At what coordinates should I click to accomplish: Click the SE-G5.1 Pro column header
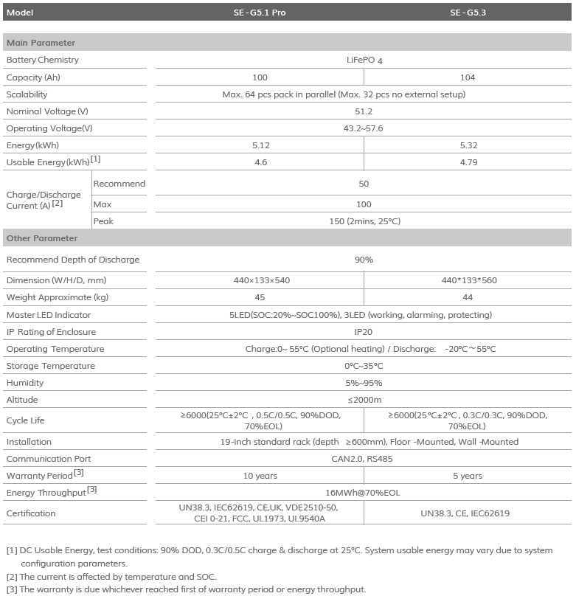(x=260, y=13)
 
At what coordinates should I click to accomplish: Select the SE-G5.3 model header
(x=468, y=13)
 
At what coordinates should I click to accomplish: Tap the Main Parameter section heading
(x=41, y=43)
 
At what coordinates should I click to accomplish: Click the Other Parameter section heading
(x=42, y=238)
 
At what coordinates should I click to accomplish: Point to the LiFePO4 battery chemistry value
(x=364, y=60)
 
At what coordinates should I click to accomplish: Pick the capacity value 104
(x=468, y=77)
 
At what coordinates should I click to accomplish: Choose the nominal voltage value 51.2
(x=364, y=111)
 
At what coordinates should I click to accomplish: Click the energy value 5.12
(x=260, y=145)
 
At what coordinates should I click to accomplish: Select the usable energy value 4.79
(x=468, y=162)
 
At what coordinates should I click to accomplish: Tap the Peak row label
(x=103, y=221)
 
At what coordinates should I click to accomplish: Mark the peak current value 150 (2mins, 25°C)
(x=364, y=221)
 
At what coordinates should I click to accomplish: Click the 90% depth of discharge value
(x=364, y=260)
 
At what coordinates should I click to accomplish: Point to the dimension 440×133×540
(x=260, y=280)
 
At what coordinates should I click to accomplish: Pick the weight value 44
(x=468, y=297)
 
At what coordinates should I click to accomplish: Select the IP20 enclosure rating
(x=364, y=332)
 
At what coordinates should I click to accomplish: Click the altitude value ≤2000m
(x=364, y=400)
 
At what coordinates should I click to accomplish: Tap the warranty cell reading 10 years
(x=260, y=476)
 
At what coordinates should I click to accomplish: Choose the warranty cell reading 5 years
(x=468, y=476)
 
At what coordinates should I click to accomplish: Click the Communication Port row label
(x=48, y=459)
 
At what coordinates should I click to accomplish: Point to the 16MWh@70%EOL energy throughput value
(x=364, y=493)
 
